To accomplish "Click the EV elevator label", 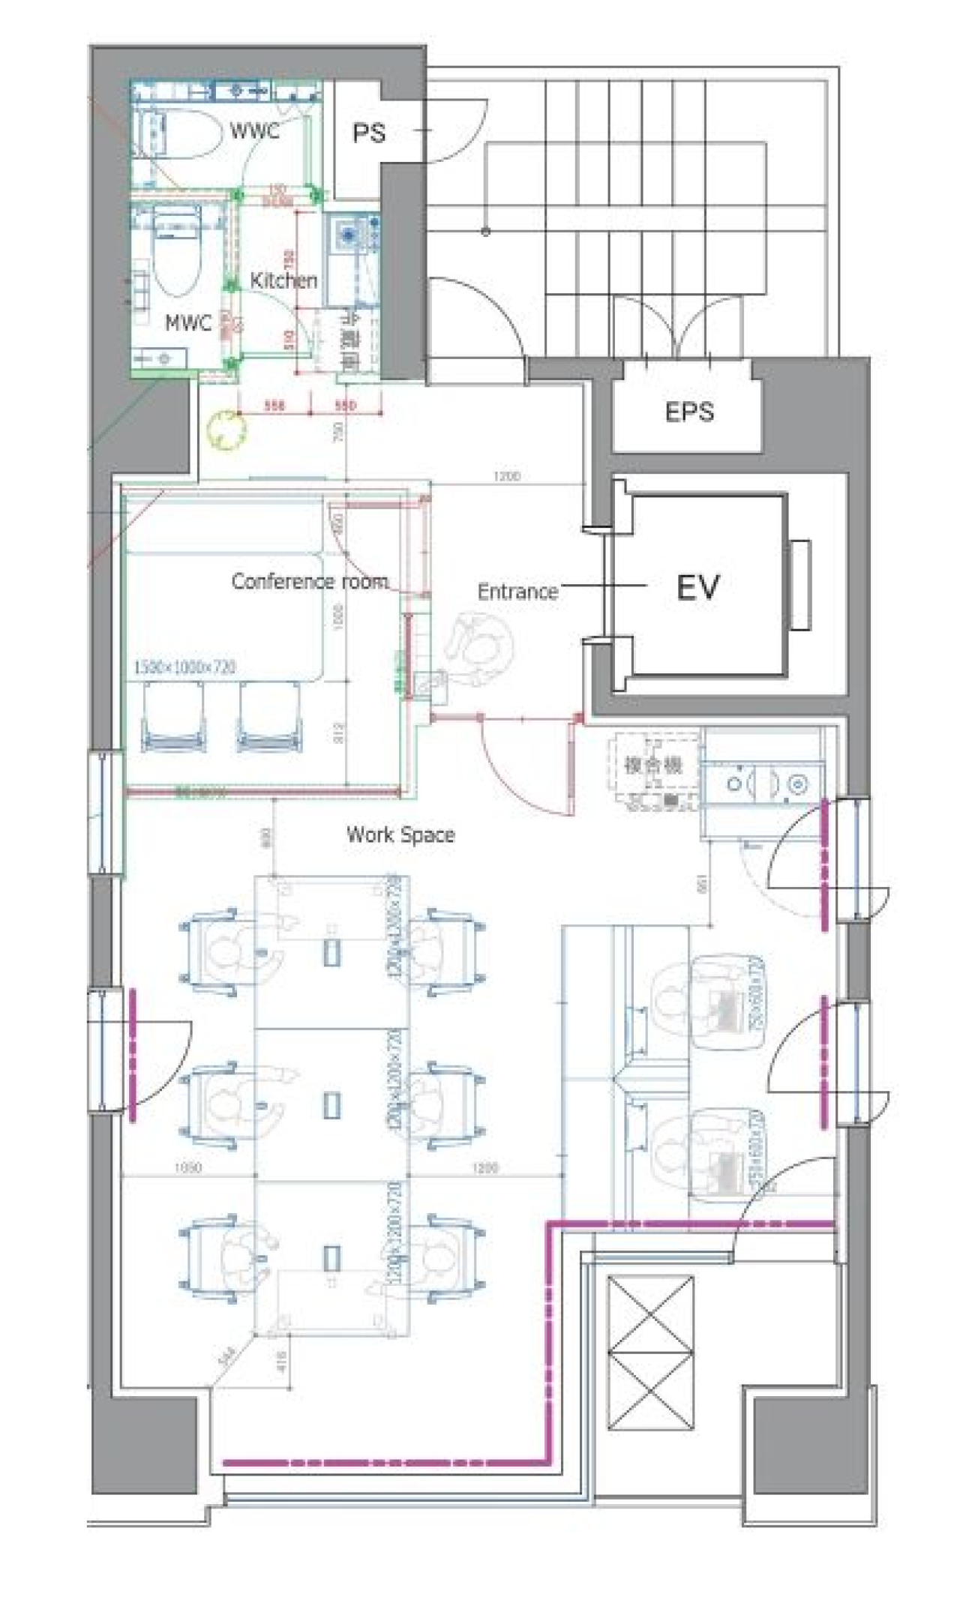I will coord(697,587).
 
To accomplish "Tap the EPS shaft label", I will coord(689,412).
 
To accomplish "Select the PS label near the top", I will coord(369,133).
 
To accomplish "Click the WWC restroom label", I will coord(255,131).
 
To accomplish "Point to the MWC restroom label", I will coord(188,323).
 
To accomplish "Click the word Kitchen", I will coord(283,280).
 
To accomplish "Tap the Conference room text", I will coord(310,581).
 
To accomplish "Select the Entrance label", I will coord(517,592).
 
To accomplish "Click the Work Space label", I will coord(400,834).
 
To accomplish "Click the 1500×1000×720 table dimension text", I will coord(184,667).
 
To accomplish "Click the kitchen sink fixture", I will coord(349,233).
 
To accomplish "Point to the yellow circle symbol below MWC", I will coord(226,431).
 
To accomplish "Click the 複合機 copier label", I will coord(653,765).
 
